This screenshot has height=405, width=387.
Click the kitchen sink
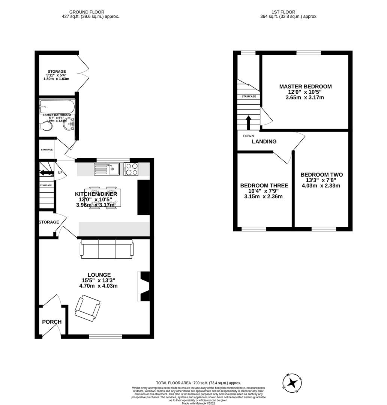coord(107,169)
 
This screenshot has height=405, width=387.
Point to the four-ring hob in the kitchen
coord(131,169)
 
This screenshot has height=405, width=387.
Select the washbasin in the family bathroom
coord(69,125)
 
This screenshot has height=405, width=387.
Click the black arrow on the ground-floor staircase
coord(46,173)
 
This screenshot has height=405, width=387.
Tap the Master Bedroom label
coord(305,87)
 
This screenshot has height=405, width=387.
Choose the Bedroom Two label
coord(321,175)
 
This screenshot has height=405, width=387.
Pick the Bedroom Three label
coord(264,186)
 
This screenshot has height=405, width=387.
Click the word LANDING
coord(264,142)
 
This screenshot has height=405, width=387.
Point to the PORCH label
coord(52,322)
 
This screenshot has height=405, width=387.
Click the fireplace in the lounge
coord(144,286)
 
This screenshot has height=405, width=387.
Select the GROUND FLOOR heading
coord(87,12)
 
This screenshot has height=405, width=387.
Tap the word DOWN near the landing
coord(248,136)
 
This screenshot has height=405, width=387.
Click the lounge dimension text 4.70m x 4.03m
coord(98,286)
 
